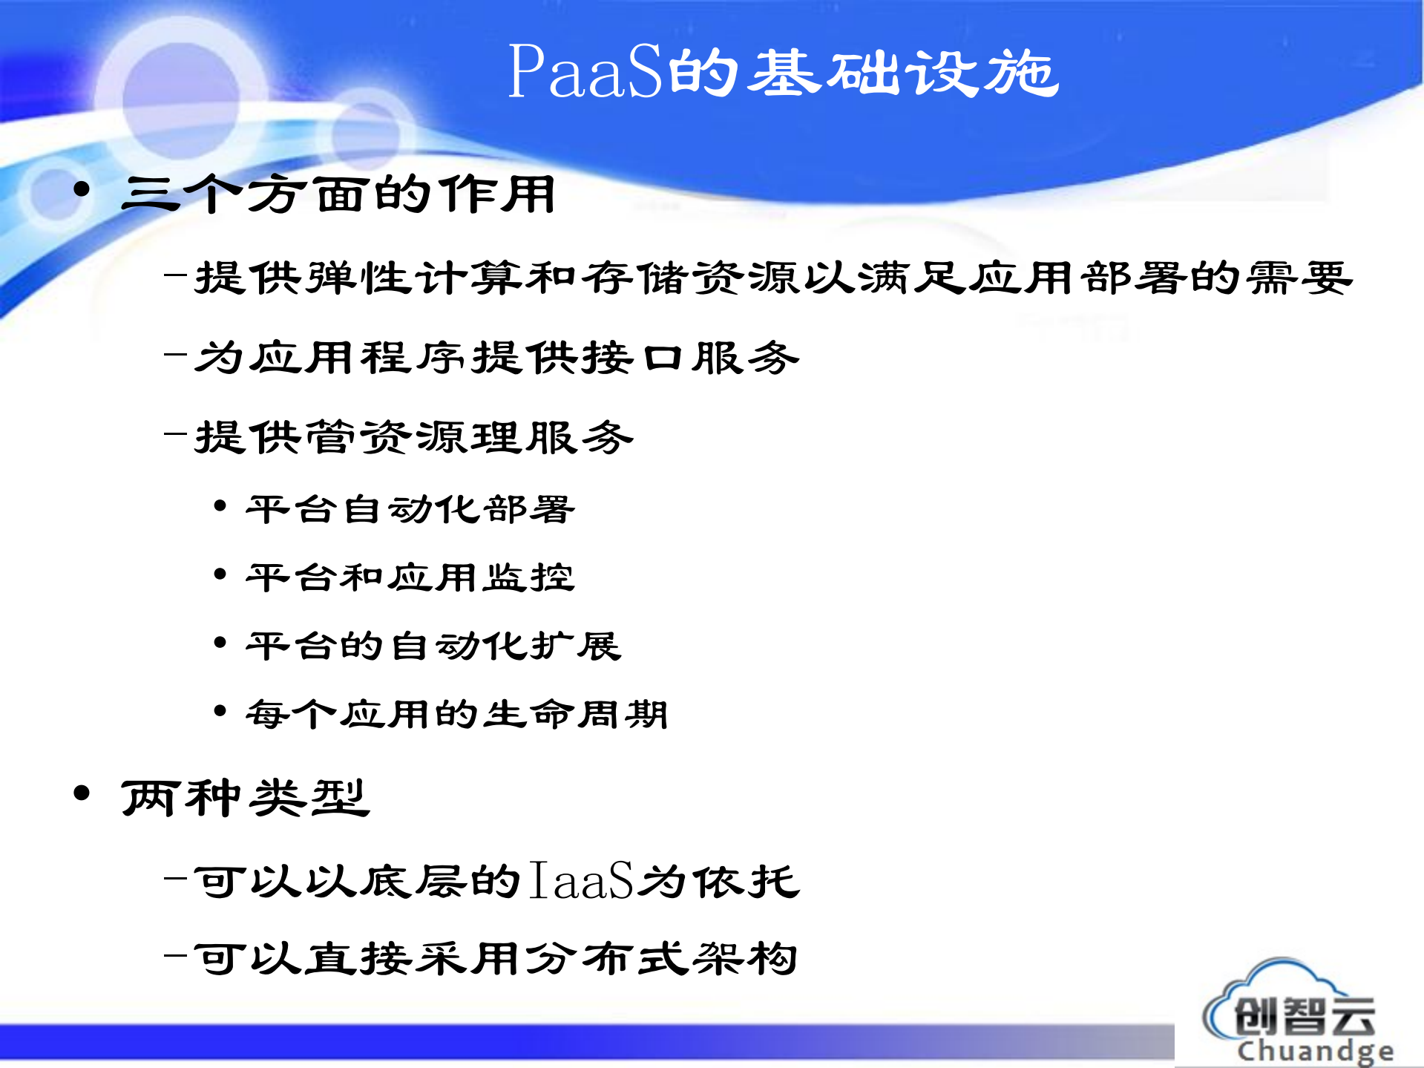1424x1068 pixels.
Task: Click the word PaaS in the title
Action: pos(584,72)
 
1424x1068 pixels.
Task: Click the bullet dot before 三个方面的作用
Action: pos(82,190)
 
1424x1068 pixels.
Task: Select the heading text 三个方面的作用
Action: pos(338,194)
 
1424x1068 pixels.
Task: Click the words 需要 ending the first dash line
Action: pos(1299,278)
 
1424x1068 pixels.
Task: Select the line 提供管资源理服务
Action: pos(414,437)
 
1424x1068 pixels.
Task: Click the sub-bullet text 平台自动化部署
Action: pos(410,510)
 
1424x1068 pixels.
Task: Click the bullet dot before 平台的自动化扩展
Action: pos(220,643)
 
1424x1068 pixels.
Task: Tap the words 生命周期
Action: pos(576,714)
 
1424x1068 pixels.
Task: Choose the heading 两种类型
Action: pos(245,799)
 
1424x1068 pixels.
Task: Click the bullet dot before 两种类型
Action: pos(82,793)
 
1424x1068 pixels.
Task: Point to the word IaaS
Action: pos(582,881)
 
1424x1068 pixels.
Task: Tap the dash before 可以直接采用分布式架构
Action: pos(175,956)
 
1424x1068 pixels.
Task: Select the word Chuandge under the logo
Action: pos(1314,1051)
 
